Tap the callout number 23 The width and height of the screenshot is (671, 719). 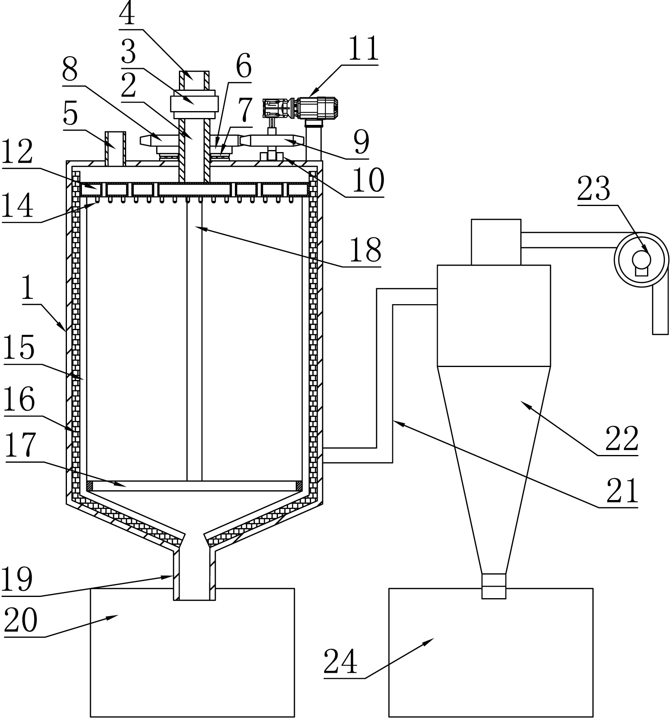[x=594, y=189]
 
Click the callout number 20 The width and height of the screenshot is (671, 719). [x=21, y=621]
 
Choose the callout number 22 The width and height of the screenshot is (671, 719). [x=622, y=439]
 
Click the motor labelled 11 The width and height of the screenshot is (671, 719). [x=301, y=108]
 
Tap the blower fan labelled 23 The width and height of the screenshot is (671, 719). [x=641, y=259]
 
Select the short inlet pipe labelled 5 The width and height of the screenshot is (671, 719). [x=115, y=149]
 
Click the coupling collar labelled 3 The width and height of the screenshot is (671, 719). [x=194, y=103]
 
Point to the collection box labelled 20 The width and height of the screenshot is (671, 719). [x=192, y=652]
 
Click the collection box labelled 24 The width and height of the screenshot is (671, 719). [x=491, y=652]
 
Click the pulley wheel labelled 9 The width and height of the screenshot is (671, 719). [x=272, y=140]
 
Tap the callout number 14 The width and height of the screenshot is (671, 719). [x=17, y=206]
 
